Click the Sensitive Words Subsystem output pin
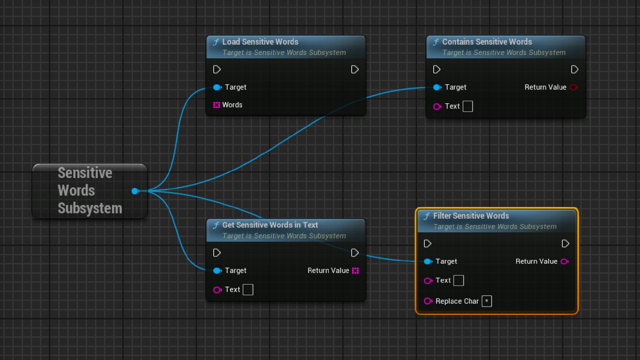coord(135,191)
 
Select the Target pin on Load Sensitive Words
coord(217,87)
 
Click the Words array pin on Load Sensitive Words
coord(216,105)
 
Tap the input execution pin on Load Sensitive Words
coord(217,69)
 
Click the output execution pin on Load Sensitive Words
coord(355,69)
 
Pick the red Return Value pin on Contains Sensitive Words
coord(573,87)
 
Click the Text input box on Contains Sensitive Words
coord(467,106)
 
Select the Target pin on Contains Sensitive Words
coord(437,87)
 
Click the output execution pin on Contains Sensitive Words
coord(574,69)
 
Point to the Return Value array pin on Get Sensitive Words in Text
coord(355,270)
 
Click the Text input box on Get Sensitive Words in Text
coord(248,289)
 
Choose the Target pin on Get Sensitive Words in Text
coord(217,270)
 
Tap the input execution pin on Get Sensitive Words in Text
coord(217,253)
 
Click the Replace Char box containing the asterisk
coord(487,301)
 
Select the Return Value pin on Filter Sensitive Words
coord(565,261)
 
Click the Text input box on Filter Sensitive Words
coord(458,280)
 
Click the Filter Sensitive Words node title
coord(471,215)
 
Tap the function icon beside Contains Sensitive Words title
coord(435,42)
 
